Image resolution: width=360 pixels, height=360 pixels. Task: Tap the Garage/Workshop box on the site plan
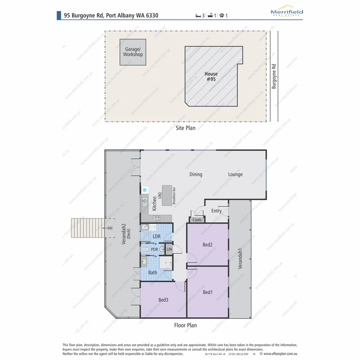pos(133,52)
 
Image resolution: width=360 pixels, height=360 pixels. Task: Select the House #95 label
pos(211,76)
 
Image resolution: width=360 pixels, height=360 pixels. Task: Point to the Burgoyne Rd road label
pos(274,76)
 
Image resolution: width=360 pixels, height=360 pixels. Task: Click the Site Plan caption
pos(185,128)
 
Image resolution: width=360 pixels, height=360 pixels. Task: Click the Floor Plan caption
pos(185,325)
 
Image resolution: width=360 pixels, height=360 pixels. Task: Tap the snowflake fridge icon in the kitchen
pos(145,190)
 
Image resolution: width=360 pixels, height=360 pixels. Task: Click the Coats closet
pos(197,220)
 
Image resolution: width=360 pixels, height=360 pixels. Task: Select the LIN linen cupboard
pos(169,249)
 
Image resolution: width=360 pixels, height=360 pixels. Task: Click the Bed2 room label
pos(207,245)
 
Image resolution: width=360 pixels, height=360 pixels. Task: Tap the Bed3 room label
pos(163,300)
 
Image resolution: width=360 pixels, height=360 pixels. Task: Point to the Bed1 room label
pos(207,292)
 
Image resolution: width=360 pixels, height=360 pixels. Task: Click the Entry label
pos(216,211)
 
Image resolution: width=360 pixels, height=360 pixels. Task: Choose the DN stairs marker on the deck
pos(110,228)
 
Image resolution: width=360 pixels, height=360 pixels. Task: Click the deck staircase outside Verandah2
pos(88,228)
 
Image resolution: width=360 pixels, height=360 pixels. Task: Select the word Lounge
pos(235,174)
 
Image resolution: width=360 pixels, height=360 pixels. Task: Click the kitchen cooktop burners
pos(156,219)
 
